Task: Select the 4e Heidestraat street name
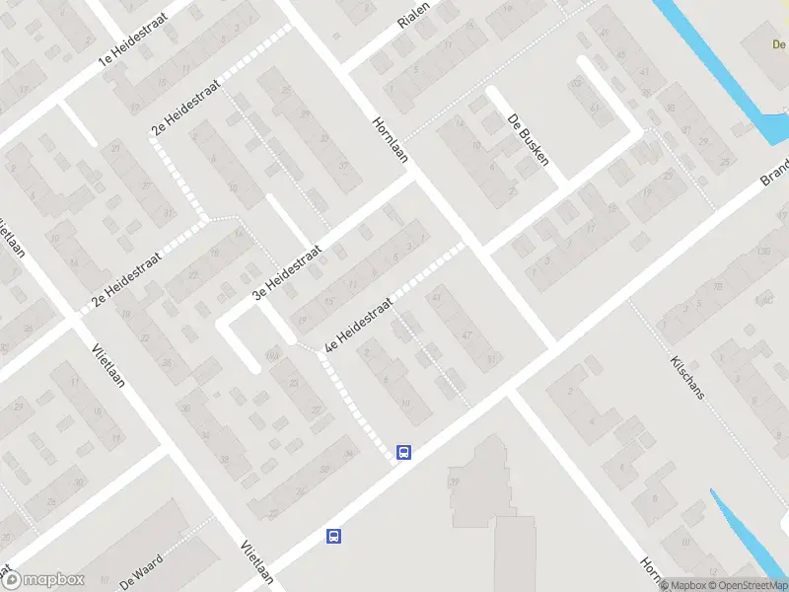point(359,325)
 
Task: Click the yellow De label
point(778,44)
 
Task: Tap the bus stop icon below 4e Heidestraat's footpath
point(403,452)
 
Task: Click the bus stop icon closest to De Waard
point(334,537)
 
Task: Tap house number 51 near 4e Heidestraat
point(490,360)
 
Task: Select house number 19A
point(273,354)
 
